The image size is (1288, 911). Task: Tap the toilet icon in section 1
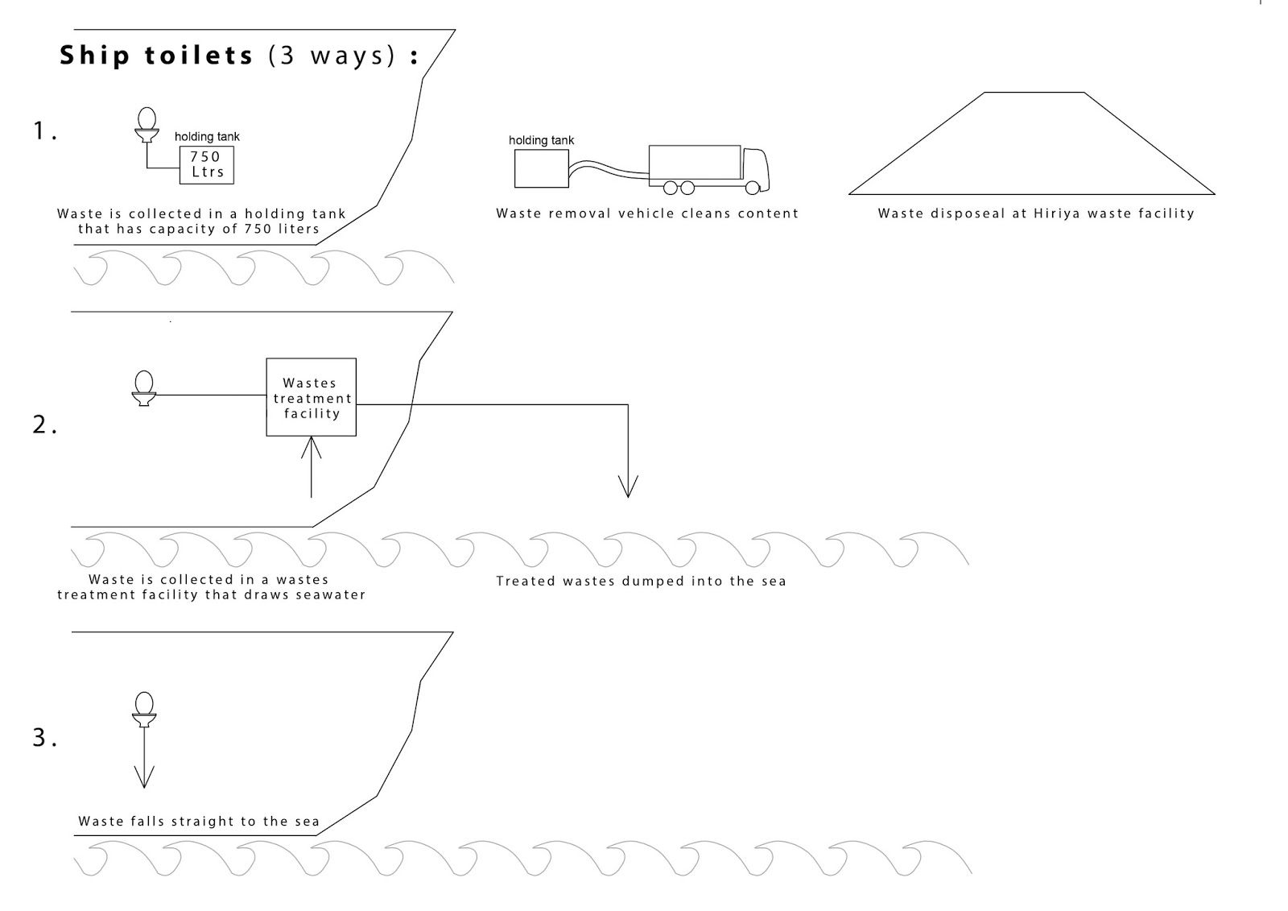tap(147, 125)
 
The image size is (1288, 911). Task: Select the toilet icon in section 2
tap(144, 388)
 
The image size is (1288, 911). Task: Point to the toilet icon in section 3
tap(144, 710)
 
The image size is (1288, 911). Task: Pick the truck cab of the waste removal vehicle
tap(756, 170)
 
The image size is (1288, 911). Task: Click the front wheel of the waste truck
tap(752, 188)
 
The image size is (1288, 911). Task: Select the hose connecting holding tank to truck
tap(609, 169)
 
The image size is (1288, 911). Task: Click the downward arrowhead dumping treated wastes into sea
tap(628, 487)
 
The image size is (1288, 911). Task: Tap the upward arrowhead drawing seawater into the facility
tap(311, 447)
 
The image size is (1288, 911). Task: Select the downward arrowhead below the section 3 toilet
tap(144, 777)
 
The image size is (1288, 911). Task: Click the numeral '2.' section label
tap(44, 424)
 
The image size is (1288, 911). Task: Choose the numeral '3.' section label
tap(44, 738)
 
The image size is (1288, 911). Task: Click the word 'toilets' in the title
tap(199, 56)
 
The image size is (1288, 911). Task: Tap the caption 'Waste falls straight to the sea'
tap(199, 822)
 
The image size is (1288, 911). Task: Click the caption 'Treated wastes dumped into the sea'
tap(641, 582)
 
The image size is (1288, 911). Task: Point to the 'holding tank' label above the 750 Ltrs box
tap(207, 137)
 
